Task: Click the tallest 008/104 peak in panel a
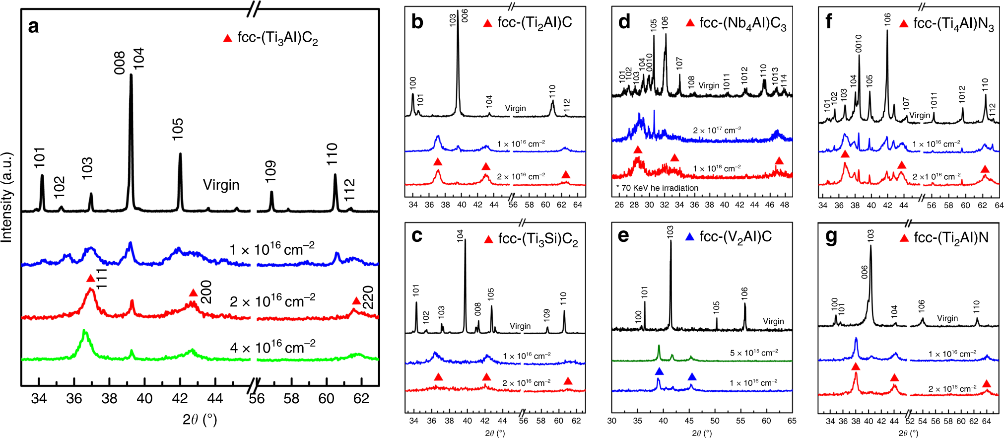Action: click(131, 77)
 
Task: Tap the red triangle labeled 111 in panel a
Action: click(90, 279)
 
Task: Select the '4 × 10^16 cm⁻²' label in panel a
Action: click(272, 347)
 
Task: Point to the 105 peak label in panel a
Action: click(177, 129)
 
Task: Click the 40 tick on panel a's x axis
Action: click(144, 399)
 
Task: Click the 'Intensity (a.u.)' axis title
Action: click(7, 197)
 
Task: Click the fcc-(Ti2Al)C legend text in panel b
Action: click(535, 22)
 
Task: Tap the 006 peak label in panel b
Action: click(465, 15)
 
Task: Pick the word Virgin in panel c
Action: click(520, 326)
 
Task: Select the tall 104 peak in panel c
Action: click(465, 243)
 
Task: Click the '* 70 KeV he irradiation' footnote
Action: click(657, 188)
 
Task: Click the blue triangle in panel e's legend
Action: click(689, 237)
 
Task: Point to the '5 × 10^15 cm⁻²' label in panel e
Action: click(753, 353)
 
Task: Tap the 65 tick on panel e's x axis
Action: click(792, 421)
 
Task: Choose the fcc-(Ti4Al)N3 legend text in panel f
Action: click(953, 24)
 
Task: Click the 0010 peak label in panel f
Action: click(859, 43)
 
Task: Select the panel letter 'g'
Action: click(830, 237)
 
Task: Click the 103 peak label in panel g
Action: click(870, 235)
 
